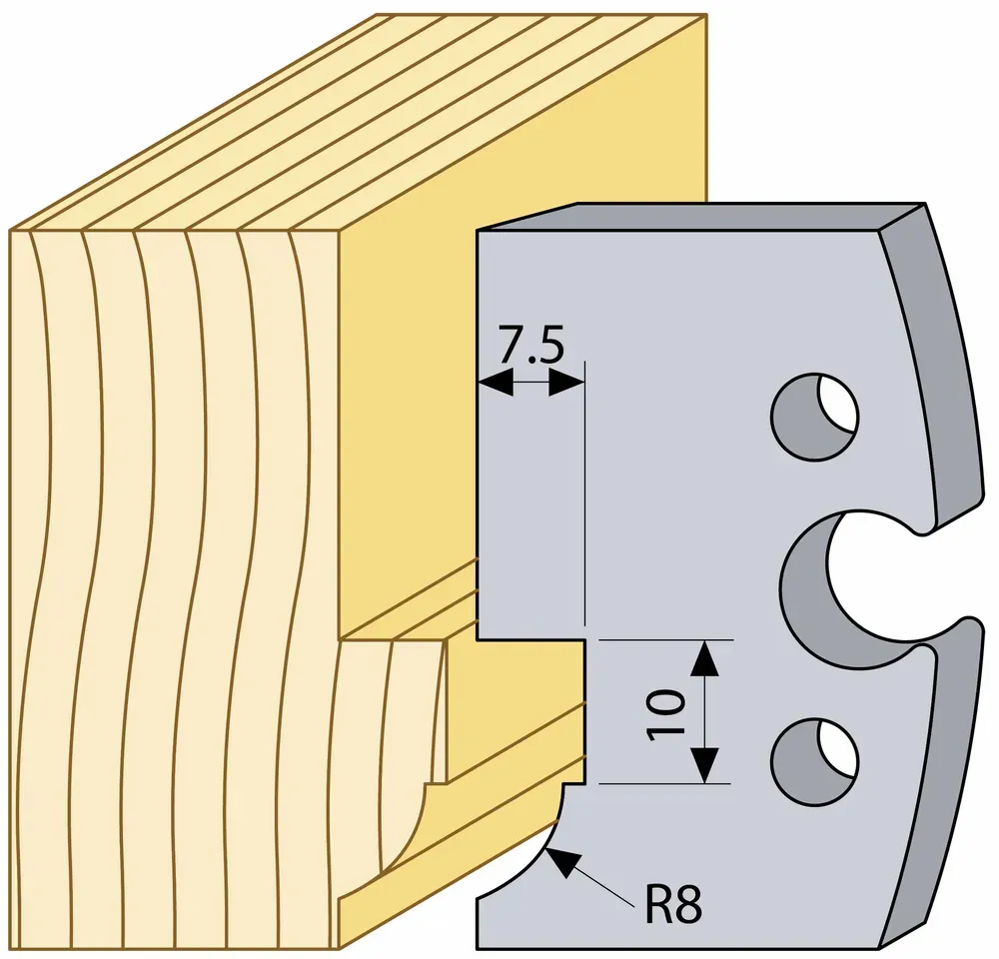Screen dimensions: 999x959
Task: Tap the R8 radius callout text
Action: click(x=673, y=904)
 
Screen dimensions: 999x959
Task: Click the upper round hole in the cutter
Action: click(x=814, y=417)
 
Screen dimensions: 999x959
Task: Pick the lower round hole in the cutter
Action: click(x=814, y=760)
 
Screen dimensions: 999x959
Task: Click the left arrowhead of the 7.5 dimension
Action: click(x=496, y=384)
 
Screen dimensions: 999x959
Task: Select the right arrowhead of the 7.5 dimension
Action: click(x=566, y=384)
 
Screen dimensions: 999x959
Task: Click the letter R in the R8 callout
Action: click(x=658, y=904)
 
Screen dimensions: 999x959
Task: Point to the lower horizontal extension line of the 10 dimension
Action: click(x=665, y=783)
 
